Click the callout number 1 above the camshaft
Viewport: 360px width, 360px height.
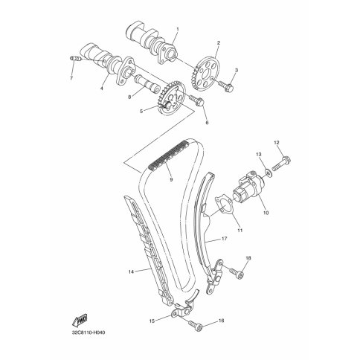[x=178, y=29]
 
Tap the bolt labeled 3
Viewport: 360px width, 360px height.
[x=226, y=86]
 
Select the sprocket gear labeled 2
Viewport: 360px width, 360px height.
[x=205, y=74]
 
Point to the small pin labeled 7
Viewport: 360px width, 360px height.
[x=75, y=59]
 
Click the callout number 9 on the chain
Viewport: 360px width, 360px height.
[x=171, y=179]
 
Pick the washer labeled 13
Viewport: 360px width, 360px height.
[x=268, y=172]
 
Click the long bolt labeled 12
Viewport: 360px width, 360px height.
[x=281, y=163]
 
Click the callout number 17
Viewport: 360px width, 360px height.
[x=225, y=239]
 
